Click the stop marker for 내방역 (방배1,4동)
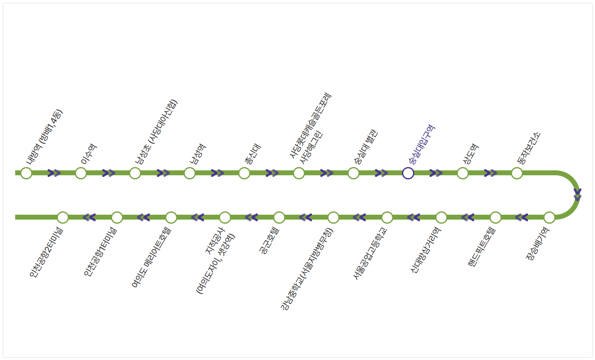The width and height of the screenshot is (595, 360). point(26,173)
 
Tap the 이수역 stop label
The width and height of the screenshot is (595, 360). point(89,154)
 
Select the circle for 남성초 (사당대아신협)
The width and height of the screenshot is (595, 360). point(135,173)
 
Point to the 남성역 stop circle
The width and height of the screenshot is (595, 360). point(189,173)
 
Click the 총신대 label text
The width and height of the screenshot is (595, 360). point(253,154)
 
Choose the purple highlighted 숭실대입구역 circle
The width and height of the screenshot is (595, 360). point(408,173)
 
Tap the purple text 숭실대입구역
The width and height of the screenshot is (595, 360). point(422,144)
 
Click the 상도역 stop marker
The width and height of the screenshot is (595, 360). point(462,173)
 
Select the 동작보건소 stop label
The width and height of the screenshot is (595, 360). point(529,148)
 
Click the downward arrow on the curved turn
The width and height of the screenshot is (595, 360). point(577,195)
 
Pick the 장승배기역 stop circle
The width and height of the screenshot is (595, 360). point(549,217)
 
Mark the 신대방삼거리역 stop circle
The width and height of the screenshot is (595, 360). point(441,217)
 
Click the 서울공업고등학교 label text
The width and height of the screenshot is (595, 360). point(370,253)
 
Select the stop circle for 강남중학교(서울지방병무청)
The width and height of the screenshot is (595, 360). point(333,217)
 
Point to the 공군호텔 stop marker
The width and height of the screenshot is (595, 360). point(279,217)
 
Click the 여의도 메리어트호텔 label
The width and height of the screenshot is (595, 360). point(151,257)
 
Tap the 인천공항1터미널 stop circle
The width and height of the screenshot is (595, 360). point(117,217)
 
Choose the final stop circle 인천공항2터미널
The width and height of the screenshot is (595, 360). point(62,217)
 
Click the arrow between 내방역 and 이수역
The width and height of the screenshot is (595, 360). point(54,173)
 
